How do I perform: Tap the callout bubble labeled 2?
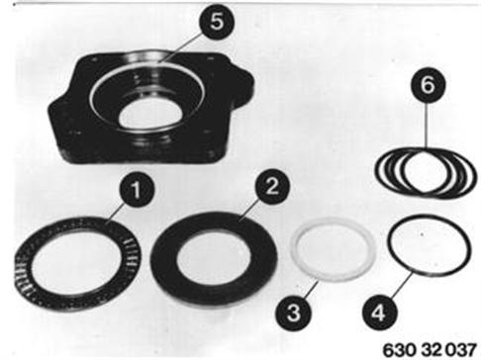272,187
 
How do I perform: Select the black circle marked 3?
293,313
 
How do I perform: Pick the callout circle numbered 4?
379,313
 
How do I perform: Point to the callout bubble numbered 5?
217,22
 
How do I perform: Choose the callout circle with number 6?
428,85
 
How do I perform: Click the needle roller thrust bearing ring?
78,264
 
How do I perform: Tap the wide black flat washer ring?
214,259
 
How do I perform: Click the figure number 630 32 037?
430,349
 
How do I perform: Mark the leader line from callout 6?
427,126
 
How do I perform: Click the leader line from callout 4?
400,285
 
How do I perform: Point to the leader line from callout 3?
310,289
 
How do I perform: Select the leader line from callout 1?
116,214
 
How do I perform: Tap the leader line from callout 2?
249,211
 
